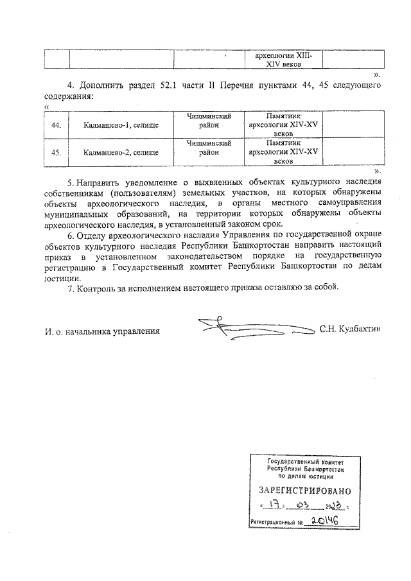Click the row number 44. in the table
pyautogui.click(x=55, y=125)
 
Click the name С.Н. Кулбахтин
pyautogui.click(x=350, y=329)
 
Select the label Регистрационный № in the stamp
pyautogui.click(x=279, y=524)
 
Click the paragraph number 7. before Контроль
pyautogui.click(x=71, y=288)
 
